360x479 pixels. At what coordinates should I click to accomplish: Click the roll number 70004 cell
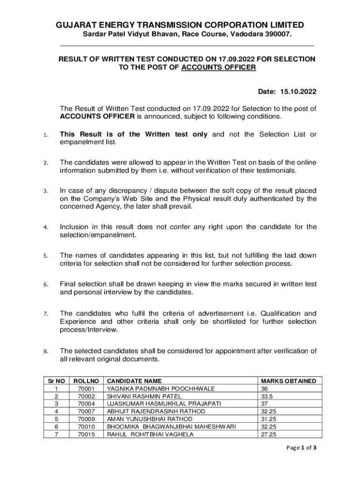pyautogui.click(x=86, y=404)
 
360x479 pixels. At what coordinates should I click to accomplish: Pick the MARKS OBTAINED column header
pyautogui.click(x=288, y=381)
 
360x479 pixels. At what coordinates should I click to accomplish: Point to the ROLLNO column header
pyautogui.click(x=86, y=381)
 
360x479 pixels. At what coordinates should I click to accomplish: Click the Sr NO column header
pyautogui.click(x=57, y=381)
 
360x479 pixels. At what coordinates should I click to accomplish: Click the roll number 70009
pyautogui.click(x=86, y=419)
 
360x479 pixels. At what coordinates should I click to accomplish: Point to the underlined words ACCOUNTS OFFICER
pyautogui.click(x=219, y=67)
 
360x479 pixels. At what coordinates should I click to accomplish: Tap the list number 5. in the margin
pyautogui.click(x=46, y=256)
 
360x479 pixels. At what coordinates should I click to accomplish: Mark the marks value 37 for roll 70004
pyautogui.click(x=265, y=404)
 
